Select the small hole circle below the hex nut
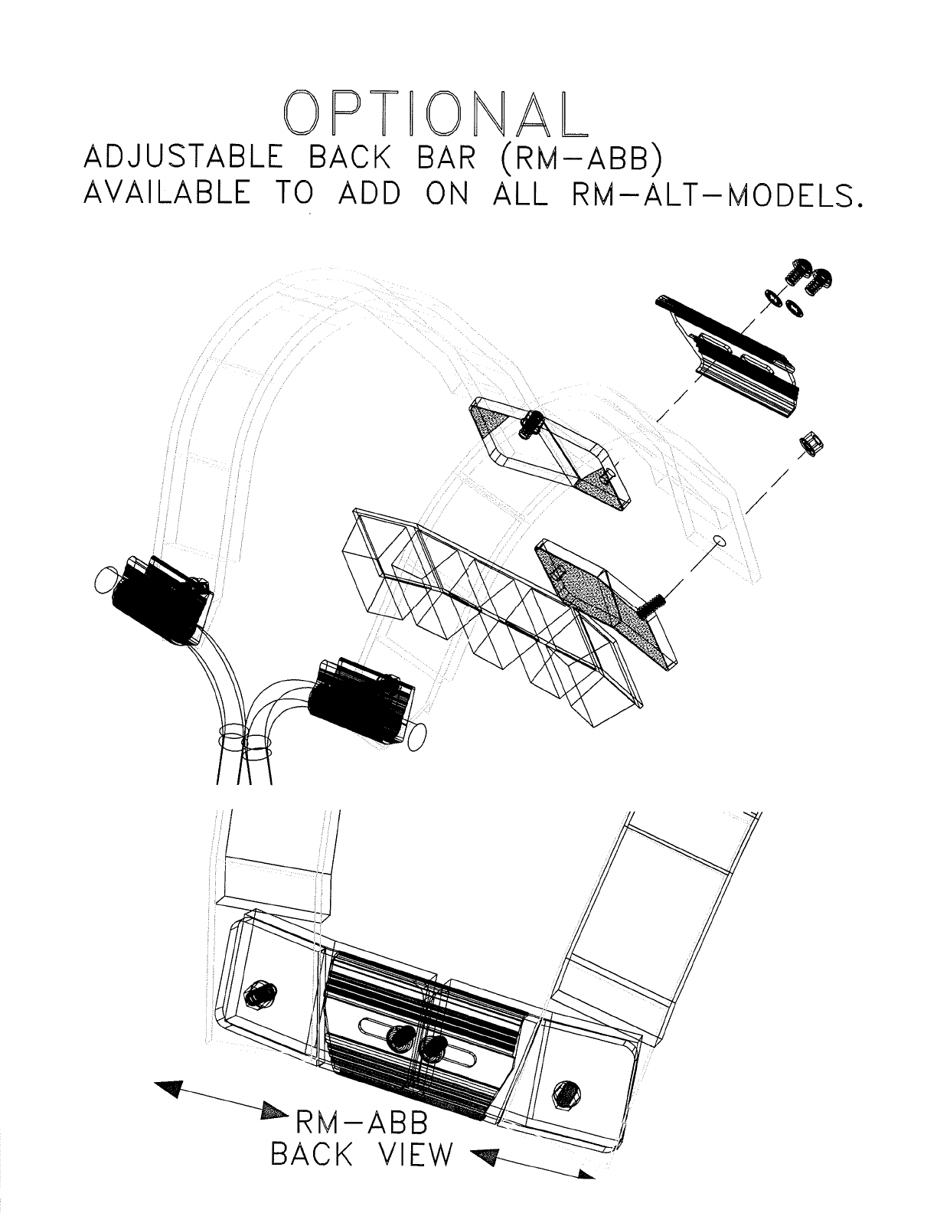tap(718, 542)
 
